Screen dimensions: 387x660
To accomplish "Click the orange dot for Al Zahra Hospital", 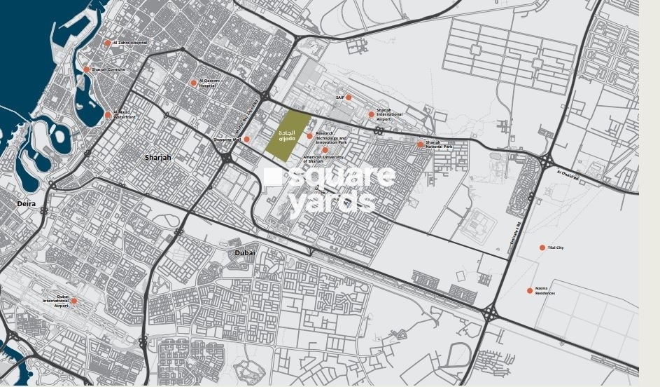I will (108, 43).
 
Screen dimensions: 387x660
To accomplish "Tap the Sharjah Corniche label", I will (108, 69).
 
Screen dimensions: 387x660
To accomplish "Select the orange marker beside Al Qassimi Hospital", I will (194, 83).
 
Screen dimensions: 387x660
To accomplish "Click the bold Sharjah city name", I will (157, 158).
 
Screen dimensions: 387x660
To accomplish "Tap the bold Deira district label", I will (27, 204).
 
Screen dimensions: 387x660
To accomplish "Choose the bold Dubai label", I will (245, 252).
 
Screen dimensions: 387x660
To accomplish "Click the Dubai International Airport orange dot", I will (74, 301).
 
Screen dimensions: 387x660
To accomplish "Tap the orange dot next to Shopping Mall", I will (246, 140).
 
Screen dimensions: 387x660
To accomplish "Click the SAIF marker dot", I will (349, 97).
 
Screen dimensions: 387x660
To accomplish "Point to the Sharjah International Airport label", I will (389, 115).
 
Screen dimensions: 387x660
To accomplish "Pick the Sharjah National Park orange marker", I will (421, 144).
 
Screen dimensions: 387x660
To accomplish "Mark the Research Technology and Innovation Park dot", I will (309, 137).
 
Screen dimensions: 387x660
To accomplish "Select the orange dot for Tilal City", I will (542, 247).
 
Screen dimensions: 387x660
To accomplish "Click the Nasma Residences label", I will (545, 291).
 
